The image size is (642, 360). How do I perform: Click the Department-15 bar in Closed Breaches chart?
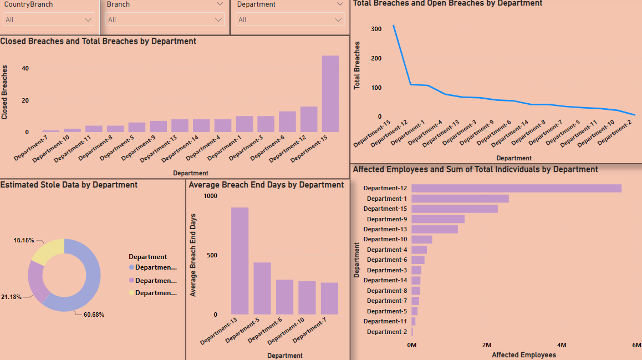330,94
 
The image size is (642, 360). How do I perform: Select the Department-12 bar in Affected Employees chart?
516,189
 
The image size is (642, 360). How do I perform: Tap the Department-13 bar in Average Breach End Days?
240,261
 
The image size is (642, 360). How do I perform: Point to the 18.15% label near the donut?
24,241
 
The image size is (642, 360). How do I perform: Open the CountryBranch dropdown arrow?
88,20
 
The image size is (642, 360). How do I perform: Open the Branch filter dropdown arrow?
218,20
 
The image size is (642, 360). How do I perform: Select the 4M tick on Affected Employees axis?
562,345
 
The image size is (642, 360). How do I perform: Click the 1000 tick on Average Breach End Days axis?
211,196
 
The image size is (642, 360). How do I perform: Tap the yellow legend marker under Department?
131,293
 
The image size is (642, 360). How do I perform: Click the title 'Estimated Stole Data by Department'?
69,185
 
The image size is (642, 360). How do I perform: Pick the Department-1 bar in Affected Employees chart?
460,199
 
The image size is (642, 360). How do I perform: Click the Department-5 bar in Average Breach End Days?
262,288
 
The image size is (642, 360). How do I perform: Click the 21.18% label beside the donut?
11,297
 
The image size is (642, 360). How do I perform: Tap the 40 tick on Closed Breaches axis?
25,68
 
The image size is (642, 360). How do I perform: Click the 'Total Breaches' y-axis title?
358,65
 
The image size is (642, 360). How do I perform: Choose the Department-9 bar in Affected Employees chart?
438,219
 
